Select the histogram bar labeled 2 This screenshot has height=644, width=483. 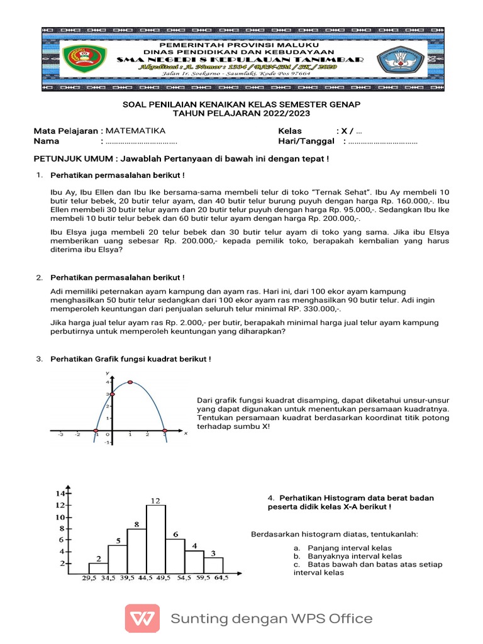pos(99,568)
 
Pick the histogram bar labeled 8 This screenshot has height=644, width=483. pos(136,551)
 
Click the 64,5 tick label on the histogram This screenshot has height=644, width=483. pos(221,579)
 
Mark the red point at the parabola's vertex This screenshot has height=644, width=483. pos(130,382)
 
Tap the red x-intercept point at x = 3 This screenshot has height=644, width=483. pos(164,432)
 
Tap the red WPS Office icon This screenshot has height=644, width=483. pos(143,618)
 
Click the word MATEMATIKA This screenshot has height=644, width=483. pos(135,131)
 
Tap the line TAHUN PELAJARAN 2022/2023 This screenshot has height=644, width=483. pos(241,113)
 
